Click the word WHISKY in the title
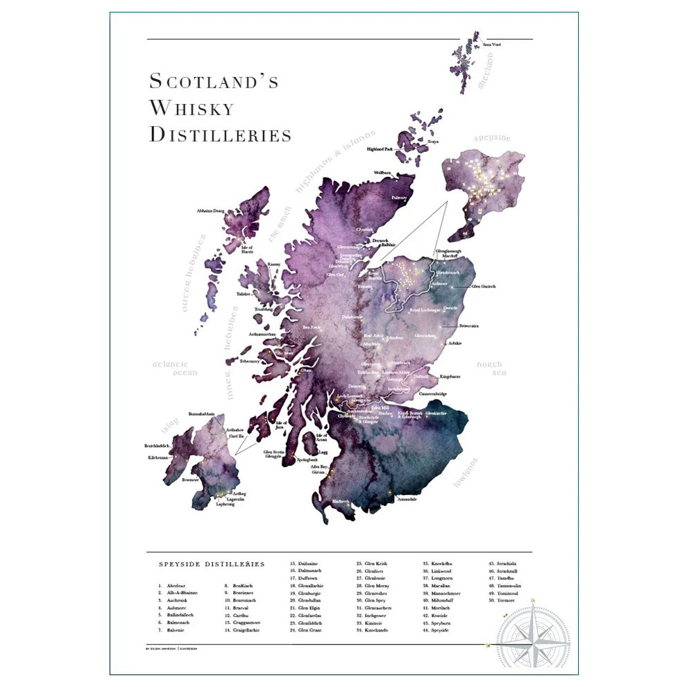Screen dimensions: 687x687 pos(192,108)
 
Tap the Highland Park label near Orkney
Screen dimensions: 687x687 pos(380,149)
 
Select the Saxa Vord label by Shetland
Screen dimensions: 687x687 pos(491,45)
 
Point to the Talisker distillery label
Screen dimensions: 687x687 pos(243,294)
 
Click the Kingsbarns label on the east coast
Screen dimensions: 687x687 pos(450,376)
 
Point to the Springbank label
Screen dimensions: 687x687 pos(308,459)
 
